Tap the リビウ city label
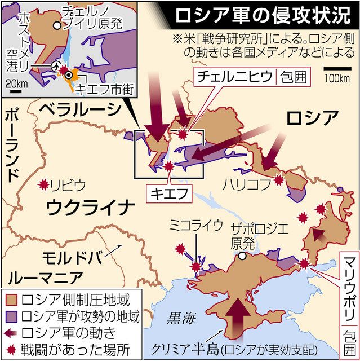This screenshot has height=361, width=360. click(68, 184)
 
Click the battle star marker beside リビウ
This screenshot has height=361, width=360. click(43, 184)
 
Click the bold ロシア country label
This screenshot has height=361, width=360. click(312, 118)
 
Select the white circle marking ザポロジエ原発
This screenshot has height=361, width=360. click(242, 256)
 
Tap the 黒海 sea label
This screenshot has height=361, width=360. click(181, 318)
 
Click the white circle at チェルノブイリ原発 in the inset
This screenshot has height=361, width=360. click(56, 25)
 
